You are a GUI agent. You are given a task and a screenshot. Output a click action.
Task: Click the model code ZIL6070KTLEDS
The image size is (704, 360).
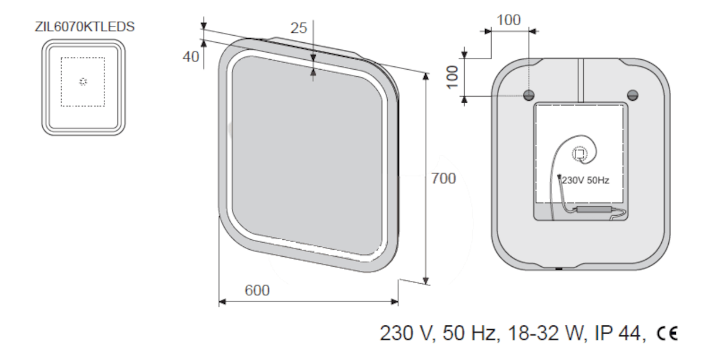point(84,27)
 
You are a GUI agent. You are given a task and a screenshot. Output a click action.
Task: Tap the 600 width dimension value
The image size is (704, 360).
point(257,290)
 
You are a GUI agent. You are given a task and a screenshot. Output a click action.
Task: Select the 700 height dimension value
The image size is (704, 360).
point(444,178)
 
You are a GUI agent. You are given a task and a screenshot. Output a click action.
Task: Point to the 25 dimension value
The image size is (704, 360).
point(299,28)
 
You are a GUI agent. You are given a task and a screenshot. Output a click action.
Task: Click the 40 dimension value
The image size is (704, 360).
point(191,57)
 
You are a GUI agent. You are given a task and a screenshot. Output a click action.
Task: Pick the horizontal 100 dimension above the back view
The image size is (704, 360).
point(509,21)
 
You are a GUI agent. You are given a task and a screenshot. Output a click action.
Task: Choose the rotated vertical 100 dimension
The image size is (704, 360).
point(452,77)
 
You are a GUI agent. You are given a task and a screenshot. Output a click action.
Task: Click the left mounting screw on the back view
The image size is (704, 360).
point(529,95)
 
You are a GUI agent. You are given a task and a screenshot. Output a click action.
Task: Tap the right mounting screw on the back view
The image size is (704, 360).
point(632,95)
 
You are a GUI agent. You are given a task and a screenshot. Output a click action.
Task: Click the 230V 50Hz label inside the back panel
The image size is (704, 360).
point(585,181)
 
